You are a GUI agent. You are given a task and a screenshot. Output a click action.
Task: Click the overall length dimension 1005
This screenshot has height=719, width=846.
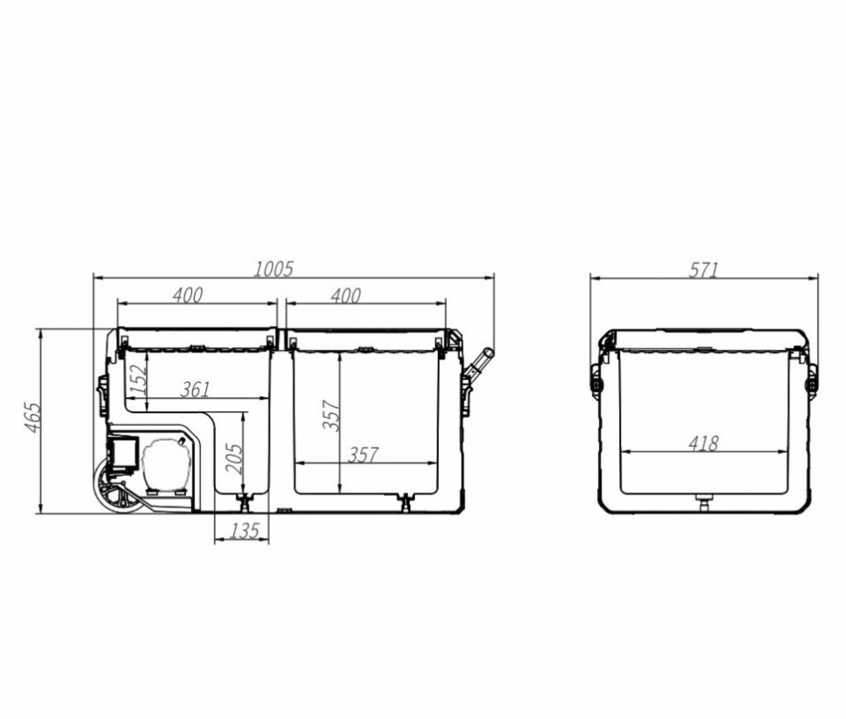273,269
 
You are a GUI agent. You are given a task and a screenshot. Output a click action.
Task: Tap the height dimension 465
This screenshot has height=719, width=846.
33,417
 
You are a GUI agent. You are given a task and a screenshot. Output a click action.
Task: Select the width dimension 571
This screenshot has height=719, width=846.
703,271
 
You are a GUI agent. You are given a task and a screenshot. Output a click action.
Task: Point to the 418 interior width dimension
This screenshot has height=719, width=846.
703,444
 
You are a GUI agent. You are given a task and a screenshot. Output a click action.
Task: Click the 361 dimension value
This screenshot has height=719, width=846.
195,389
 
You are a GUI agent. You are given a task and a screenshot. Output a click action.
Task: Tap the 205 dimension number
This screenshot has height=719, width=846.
235,459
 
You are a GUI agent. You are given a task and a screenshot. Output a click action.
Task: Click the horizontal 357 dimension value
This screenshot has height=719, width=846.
363,455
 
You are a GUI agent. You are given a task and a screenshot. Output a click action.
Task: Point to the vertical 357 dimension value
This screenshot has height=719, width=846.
331,416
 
